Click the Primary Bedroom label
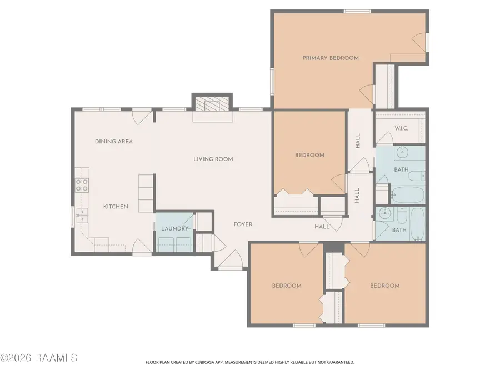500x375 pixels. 331,58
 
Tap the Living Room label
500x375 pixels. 213,159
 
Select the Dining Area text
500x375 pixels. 114,141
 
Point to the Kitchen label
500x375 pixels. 116,206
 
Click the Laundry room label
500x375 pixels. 175,228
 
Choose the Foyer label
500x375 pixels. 243,224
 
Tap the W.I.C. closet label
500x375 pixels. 401,128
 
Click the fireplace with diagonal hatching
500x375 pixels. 212,103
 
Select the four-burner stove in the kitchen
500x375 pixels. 82,185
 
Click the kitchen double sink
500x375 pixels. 82,216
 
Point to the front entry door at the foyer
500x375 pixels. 231,259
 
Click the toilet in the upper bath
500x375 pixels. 417,176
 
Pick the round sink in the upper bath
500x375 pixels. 402,153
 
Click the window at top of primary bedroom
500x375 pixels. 357,12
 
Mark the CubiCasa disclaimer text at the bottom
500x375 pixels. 249,362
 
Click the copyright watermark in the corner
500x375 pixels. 38,358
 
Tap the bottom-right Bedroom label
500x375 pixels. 385,286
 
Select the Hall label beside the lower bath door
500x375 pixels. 322,227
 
